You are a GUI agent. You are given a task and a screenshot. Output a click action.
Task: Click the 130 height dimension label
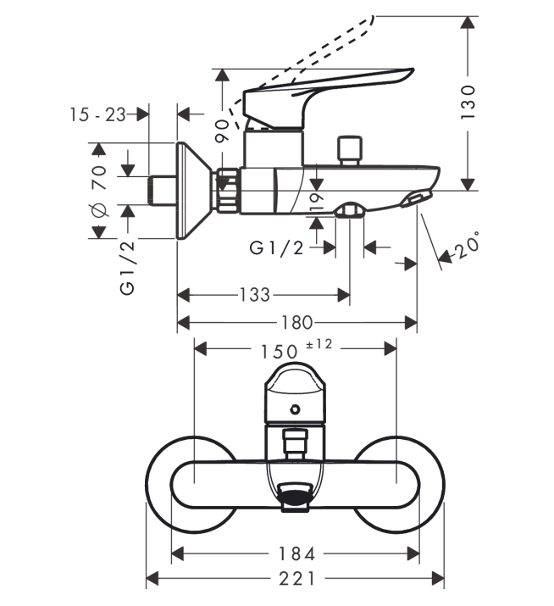point(468,102)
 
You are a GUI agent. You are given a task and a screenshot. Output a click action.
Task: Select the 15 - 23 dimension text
point(97,114)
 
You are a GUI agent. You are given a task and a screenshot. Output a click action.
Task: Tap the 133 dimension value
point(255,295)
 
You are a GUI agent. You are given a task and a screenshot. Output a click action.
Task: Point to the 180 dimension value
point(296,322)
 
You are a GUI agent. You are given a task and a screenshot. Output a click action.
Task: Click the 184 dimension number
point(296,553)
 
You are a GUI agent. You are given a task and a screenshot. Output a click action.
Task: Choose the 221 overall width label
point(296,579)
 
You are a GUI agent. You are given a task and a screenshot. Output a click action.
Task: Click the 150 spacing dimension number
point(280,351)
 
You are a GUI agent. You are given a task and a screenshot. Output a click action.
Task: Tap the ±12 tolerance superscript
point(319,343)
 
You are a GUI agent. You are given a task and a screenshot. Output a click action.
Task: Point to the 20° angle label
point(468,246)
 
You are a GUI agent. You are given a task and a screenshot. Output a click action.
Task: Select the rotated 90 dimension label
point(222,131)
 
